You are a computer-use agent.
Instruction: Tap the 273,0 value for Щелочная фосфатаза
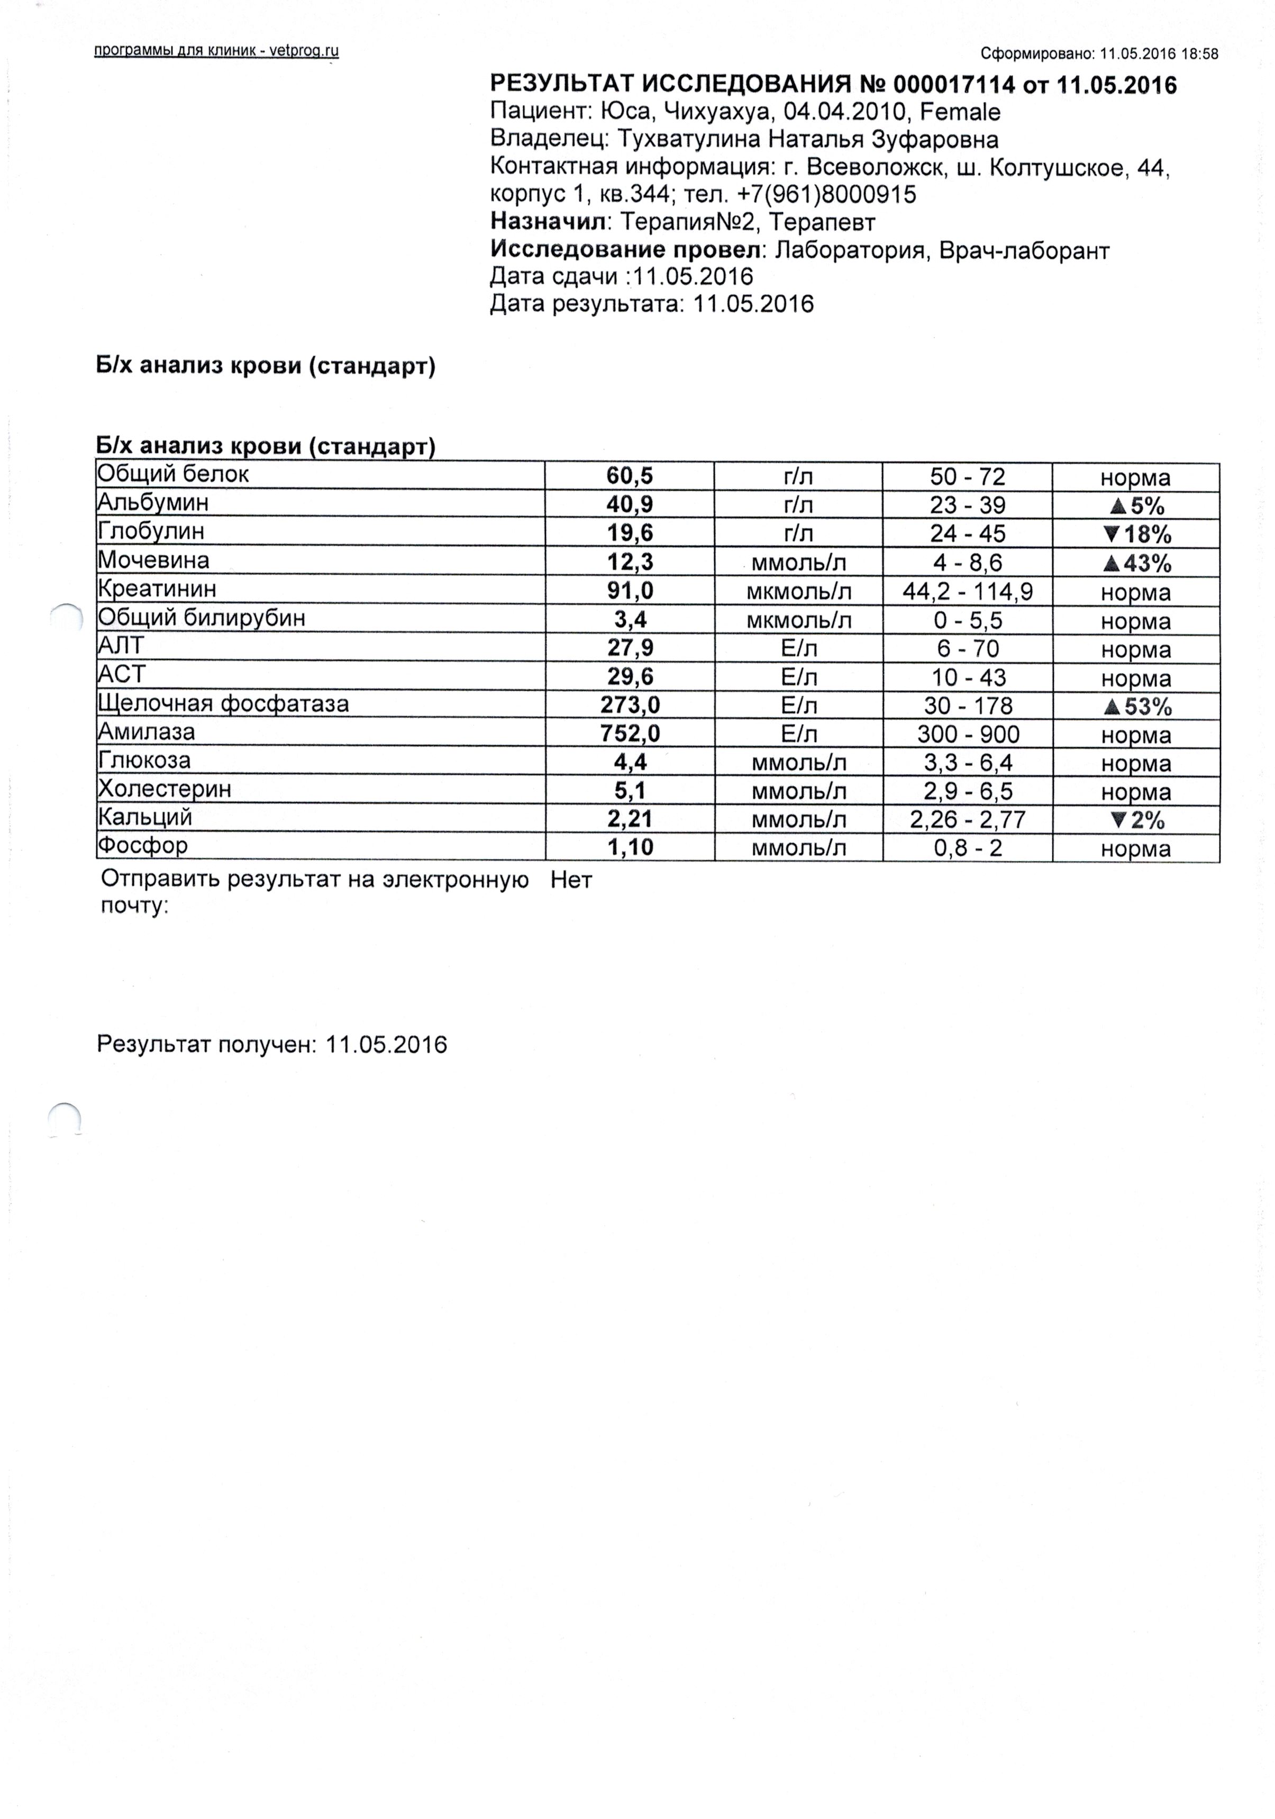[x=630, y=705]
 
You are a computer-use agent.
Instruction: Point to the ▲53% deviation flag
[x=1136, y=707]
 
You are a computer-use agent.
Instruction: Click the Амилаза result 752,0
[x=630, y=734]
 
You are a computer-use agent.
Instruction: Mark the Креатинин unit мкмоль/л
[x=798, y=592]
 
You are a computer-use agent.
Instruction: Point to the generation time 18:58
[x=1200, y=55]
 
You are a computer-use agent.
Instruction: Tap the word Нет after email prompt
[x=571, y=880]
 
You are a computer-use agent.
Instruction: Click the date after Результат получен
[x=386, y=1045]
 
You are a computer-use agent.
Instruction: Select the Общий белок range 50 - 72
[x=968, y=477]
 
